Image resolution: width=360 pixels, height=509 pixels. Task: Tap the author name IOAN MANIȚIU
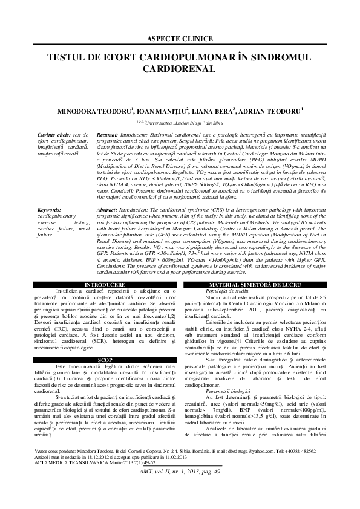click(161, 112)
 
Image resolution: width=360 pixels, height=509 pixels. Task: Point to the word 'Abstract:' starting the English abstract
click(109, 209)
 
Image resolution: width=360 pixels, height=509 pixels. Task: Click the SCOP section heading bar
click(92, 360)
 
